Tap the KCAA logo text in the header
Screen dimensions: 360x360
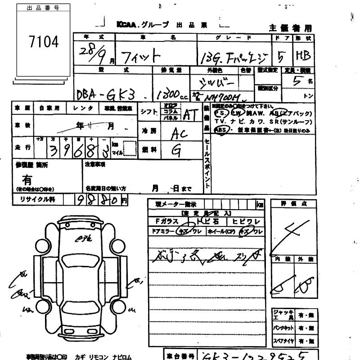(x=128, y=25)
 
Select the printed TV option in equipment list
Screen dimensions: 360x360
(x=219, y=121)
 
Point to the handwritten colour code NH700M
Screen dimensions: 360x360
(x=222, y=95)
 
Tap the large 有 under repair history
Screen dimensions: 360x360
(x=27, y=180)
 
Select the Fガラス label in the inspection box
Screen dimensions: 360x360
(x=166, y=221)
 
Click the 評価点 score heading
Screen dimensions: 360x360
(x=293, y=204)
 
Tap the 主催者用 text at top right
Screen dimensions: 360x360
(x=290, y=27)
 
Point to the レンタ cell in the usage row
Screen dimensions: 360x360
(x=84, y=108)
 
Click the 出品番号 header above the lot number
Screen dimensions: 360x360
(x=44, y=8)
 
